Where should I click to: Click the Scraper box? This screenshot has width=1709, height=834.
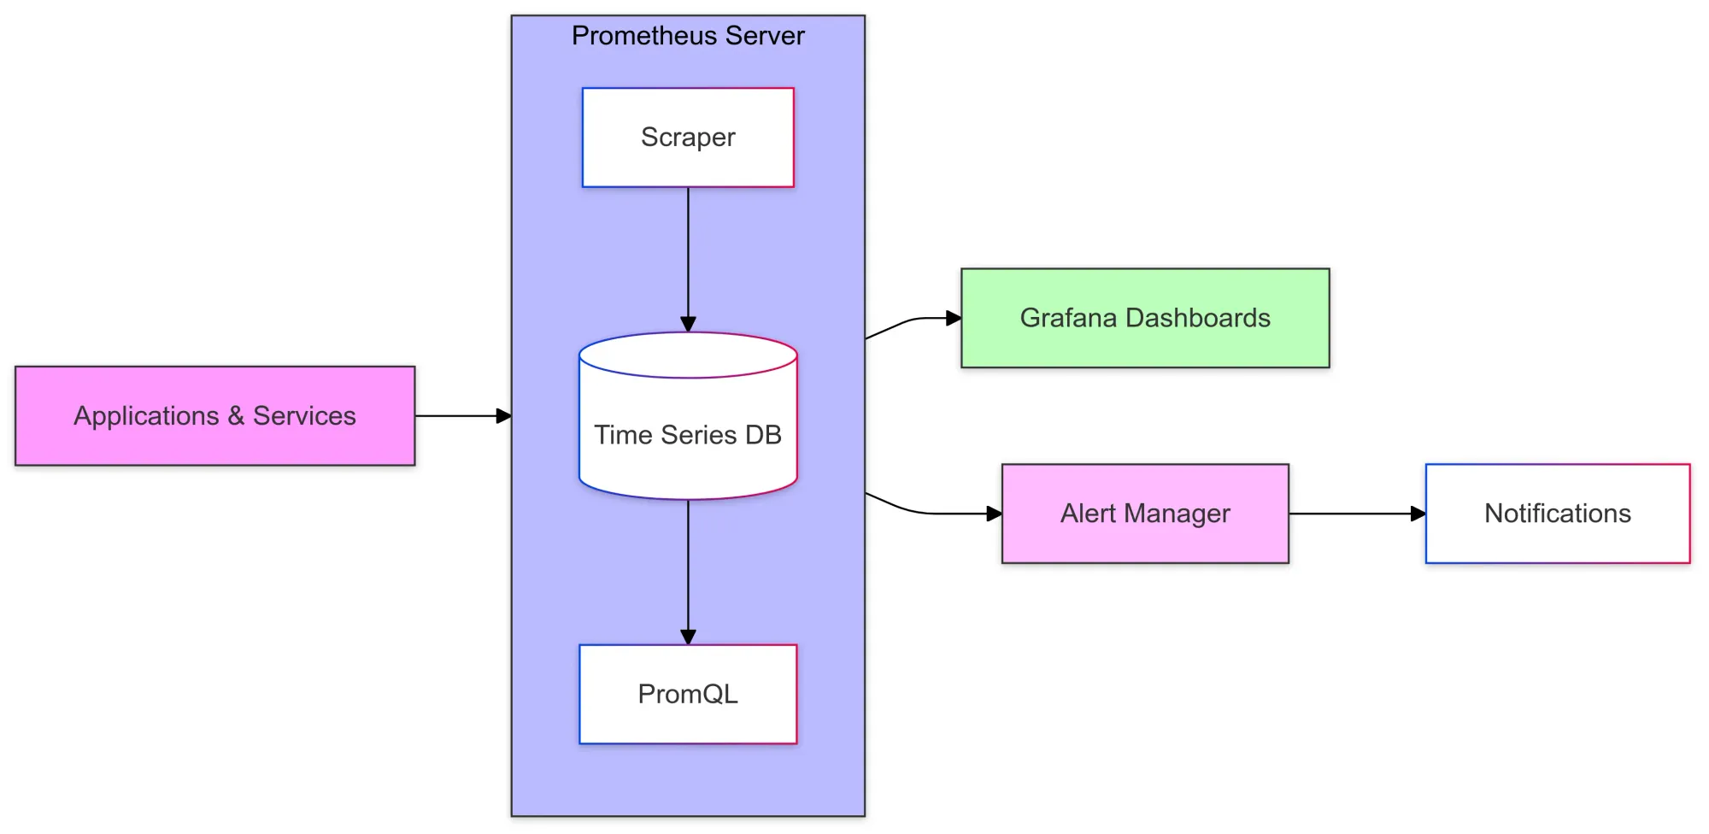pos(688,138)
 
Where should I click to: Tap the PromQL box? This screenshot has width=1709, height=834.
pos(688,694)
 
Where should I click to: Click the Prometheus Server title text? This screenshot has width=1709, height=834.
pos(688,36)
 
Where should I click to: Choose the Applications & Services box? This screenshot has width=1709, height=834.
pos(214,416)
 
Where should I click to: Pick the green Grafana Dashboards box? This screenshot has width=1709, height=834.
pos(1145,318)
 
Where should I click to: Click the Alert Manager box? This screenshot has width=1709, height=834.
pos(1145,514)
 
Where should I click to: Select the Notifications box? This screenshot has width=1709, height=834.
pos(1557,514)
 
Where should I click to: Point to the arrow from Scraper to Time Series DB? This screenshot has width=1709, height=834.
pos(688,256)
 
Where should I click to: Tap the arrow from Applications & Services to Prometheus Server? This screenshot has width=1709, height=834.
pos(461,416)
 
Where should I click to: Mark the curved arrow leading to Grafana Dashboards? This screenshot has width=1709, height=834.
pos(910,321)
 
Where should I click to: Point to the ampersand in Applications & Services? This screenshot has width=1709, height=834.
pos(236,416)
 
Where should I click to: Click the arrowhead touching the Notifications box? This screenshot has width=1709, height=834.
pos(1418,514)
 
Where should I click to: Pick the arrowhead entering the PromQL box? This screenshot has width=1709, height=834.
pos(688,637)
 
